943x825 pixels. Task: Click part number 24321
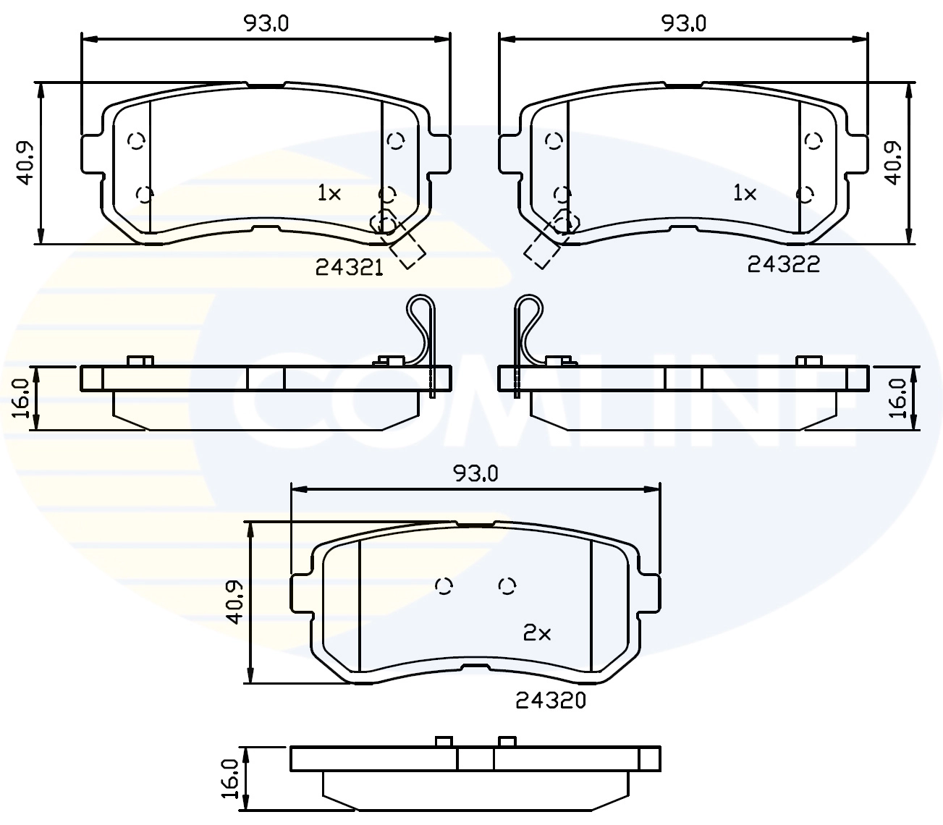[x=349, y=268]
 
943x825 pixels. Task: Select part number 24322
[x=783, y=265]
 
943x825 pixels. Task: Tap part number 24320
[x=550, y=700]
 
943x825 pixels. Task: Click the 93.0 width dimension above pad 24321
[x=266, y=23]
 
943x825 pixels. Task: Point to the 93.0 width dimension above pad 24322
[x=683, y=23]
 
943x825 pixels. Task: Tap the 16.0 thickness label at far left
[x=21, y=398]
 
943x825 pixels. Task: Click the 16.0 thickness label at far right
[x=897, y=398]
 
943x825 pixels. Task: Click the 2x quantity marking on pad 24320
[x=537, y=634]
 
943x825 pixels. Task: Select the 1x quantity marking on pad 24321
[x=329, y=193]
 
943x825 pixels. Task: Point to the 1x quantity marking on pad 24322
[x=745, y=193]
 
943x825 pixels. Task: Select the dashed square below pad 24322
[x=541, y=250]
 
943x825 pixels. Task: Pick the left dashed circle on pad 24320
[x=444, y=585]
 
